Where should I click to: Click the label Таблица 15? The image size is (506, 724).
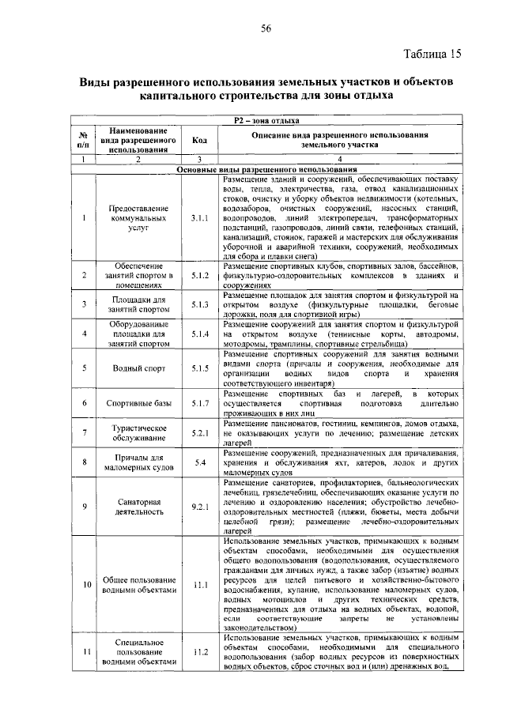click(x=432, y=55)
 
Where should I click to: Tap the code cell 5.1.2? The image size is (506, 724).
click(x=199, y=275)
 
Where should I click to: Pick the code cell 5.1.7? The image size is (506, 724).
click(x=199, y=403)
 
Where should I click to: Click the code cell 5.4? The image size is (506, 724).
click(x=199, y=462)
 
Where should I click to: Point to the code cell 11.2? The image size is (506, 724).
click(x=199, y=652)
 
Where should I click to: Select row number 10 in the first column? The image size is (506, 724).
click(x=83, y=585)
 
